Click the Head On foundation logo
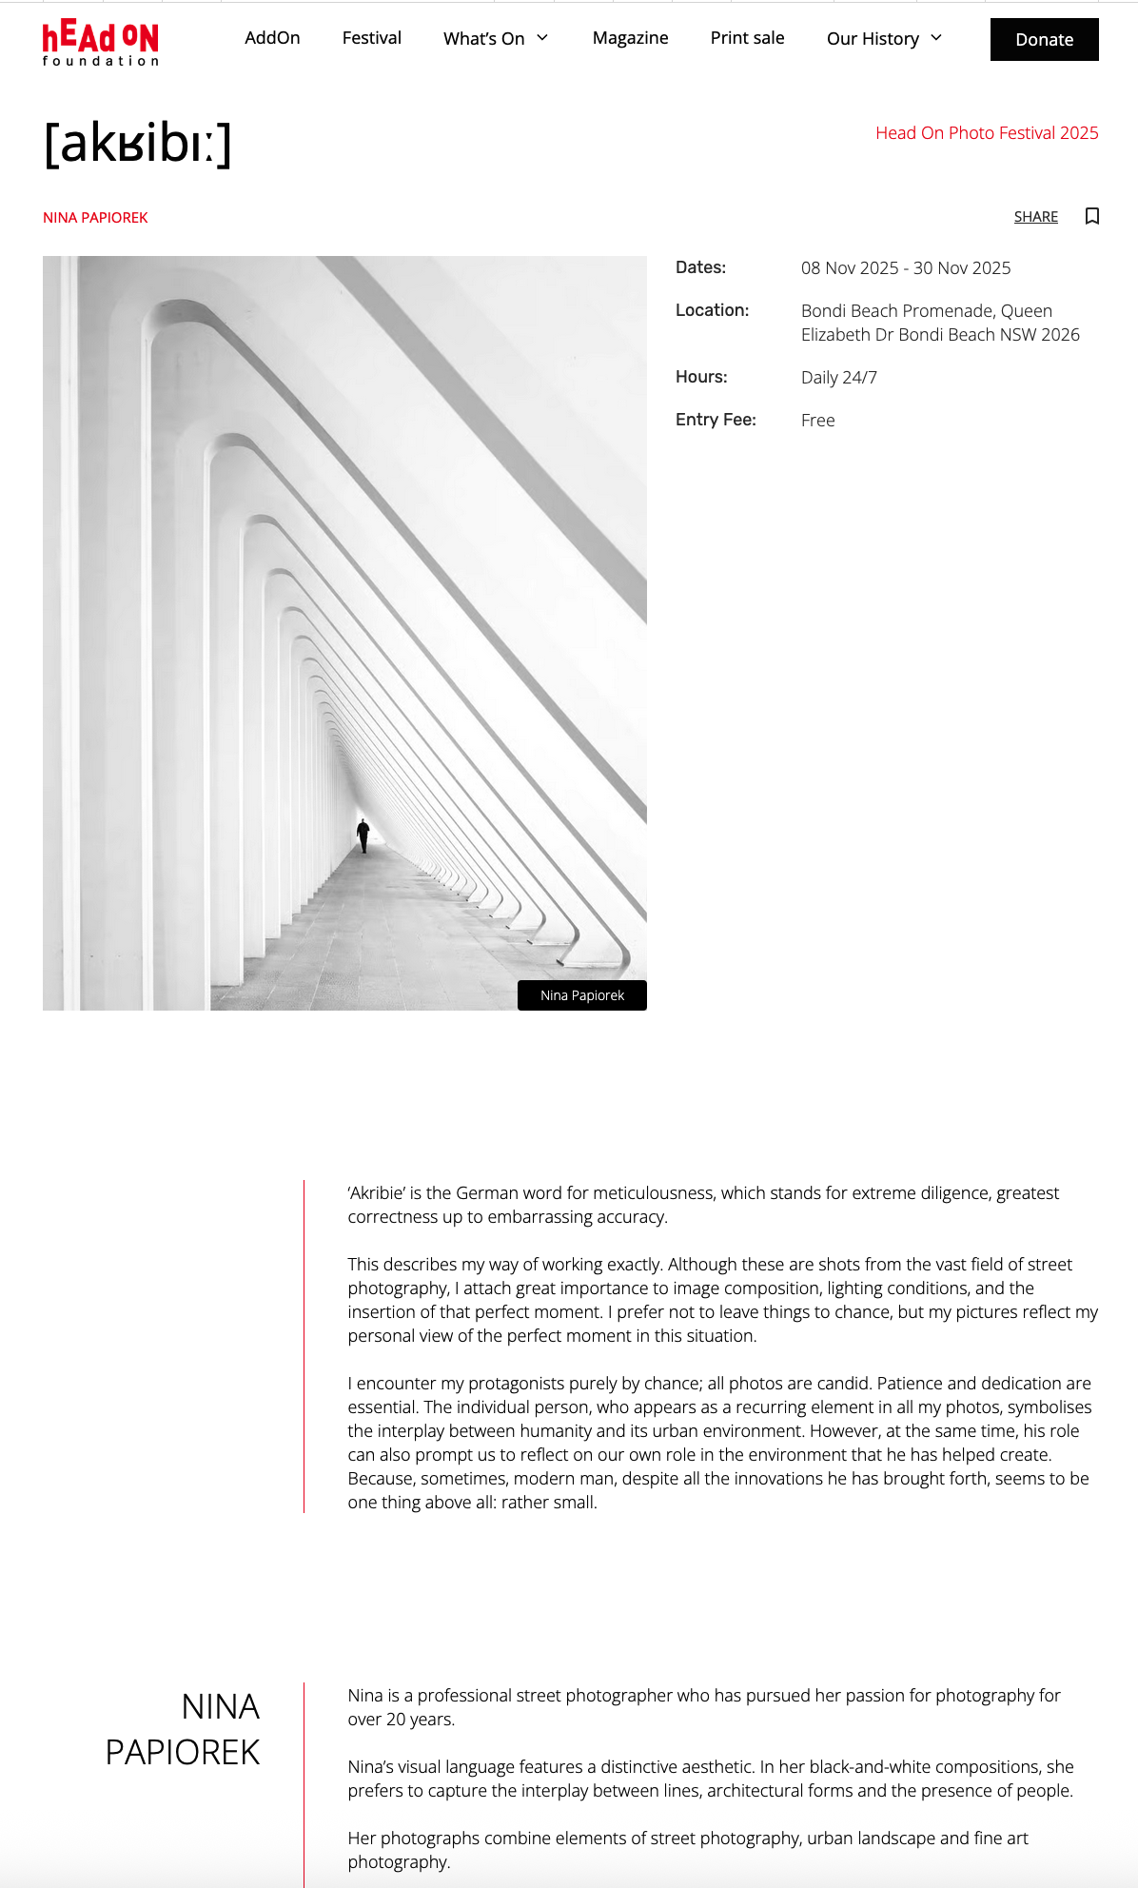pyautogui.click(x=100, y=42)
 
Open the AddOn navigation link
pyautogui.click(x=272, y=38)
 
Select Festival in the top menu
pyautogui.click(x=371, y=38)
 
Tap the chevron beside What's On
pyautogui.click(x=542, y=38)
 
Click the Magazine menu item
pyautogui.click(x=630, y=38)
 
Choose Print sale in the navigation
pyautogui.click(x=747, y=38)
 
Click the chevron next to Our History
pyautogui.click(x=936, y=38)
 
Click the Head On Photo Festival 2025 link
pyautogui.click(x=986, y=133)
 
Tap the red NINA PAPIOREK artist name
pyautogui.click(x=95, y=218)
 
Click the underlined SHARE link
pyautogui.click(x=1035, y=217)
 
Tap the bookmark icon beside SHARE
pyautogui.click(x=1092, y=216)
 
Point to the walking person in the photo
pyautogui.click(x=363, y=836)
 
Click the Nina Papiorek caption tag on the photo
pyautogui.click(x=582, y=995)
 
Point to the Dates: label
pyautogui.click(x=700, y=267)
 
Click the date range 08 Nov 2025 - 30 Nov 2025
pyautogui.click(x=905, y=268)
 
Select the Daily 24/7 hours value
pyautogui.click(x=838, y=378)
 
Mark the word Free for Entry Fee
pyautogui.click(x=817, y=421)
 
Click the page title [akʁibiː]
pyautogui.click(x=138, y=144)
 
